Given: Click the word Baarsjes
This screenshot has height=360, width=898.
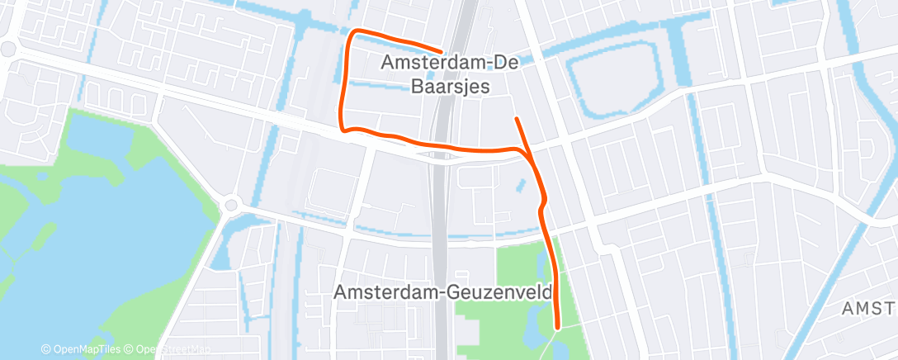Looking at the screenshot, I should pos(450,86).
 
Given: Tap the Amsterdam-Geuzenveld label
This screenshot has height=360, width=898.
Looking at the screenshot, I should pos(443,291).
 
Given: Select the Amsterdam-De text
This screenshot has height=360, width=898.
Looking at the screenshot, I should pos(449,61).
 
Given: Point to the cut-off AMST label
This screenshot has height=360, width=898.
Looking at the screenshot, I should pos(868,308).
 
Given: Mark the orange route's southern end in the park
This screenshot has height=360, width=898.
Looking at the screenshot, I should pos(558,327).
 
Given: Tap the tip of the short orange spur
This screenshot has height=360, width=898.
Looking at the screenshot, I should pos(516,119).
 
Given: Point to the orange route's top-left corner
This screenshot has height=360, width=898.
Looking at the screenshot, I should pos(355,32).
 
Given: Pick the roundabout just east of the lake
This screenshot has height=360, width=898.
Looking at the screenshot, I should pos(230,204).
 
